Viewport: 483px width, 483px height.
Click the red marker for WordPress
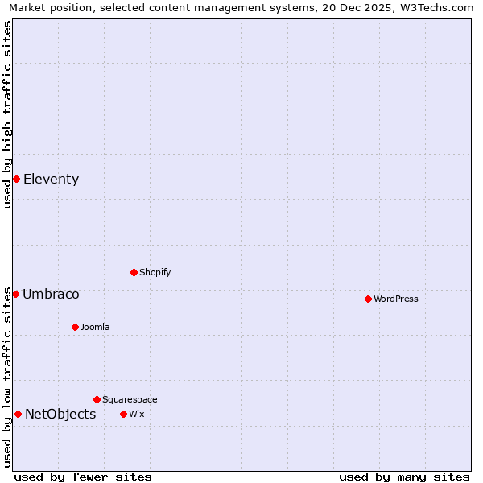[x=368, y=299]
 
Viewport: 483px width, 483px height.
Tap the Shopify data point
[x=134, y=272]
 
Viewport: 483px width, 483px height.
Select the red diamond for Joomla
[x=75, y=327]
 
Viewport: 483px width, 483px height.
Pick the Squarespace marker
[x=97, y=399]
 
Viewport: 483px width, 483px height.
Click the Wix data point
[x=123, y=414]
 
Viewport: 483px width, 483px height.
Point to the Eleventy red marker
[x=16, y=179]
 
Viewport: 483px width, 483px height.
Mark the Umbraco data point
[x=15, y=294]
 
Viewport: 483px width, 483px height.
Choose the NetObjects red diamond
[x=18, y=414]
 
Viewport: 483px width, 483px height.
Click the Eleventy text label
[x=52, y=180]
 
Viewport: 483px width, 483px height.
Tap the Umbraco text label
[x=51, y=295]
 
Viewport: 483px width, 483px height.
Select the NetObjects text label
[x=60, y=415]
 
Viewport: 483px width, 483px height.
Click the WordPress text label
[x=396, y=299]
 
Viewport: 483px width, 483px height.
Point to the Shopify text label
[x=155, y=273]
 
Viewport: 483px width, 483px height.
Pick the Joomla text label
[x=95, y=328]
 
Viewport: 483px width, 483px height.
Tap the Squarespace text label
[x=130, y=400]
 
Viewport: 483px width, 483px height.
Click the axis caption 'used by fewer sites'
[x=83, y=477]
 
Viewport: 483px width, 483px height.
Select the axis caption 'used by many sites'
[x=404, y=477]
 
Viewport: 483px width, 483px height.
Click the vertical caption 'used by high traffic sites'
[x=7, y=114]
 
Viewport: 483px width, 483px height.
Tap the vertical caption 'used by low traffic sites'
[x=7, y=377]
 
